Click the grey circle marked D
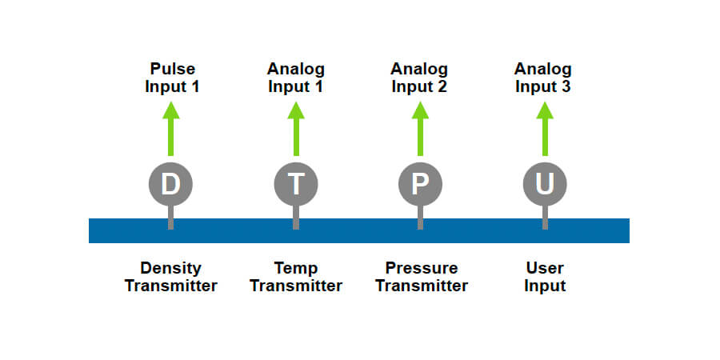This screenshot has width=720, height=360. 170,184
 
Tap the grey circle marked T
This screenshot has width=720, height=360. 296,184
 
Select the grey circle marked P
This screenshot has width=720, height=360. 420,184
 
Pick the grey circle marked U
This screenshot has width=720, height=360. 545,184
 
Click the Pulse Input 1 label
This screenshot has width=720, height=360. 171,78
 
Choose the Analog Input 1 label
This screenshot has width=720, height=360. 296,78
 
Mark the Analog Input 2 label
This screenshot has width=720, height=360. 419,78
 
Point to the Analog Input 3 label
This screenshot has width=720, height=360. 543,78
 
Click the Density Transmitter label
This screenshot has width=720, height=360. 170,277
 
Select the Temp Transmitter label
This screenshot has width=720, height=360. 296,277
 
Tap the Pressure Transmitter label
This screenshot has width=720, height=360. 421,277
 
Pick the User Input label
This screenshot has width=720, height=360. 545,277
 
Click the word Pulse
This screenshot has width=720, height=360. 172,69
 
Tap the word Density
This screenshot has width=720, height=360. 170,268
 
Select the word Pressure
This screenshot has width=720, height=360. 421,268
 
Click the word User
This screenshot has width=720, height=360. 545,268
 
